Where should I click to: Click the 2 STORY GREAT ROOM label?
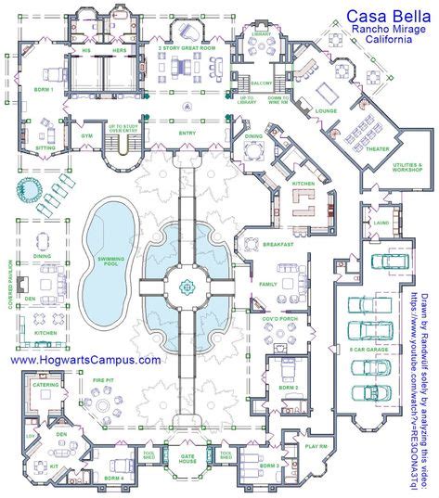pos(186,46)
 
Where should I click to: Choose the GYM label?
pos(92,134)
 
